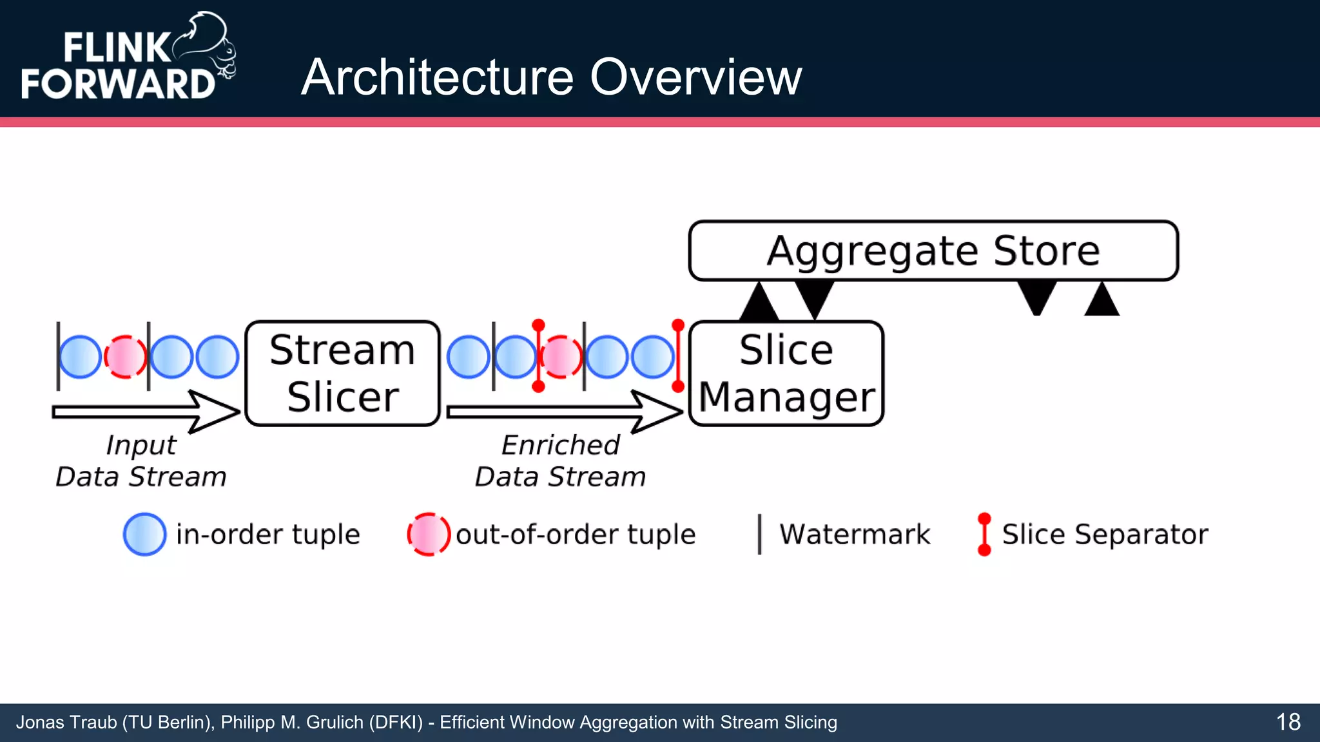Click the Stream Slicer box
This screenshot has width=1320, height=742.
point(342,373)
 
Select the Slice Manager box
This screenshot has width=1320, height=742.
point(786,373)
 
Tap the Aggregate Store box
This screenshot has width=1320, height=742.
point(933,251)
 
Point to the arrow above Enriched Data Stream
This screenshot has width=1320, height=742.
point(565,412)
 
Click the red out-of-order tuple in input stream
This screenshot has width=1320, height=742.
point(125,356)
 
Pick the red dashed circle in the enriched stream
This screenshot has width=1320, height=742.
point(561,356)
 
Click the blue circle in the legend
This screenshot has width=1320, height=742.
point(144,534)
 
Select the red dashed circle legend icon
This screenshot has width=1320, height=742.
point(429,534)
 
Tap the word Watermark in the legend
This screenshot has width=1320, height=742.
point(854,534)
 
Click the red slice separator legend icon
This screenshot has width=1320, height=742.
point(984,534)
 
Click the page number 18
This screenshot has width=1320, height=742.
point(1288,722)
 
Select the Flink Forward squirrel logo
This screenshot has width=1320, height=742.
point(205,45)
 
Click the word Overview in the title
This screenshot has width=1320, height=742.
point(695,77)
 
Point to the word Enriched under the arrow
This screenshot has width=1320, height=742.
point(560,445)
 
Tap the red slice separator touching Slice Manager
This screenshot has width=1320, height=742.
point(677,356)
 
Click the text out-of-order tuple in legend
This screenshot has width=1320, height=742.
point(576,534)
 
